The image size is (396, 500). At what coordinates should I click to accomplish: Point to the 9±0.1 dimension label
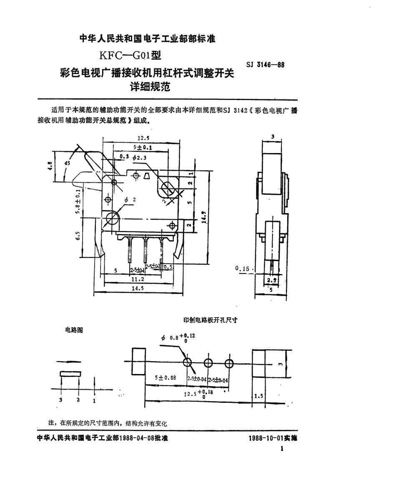click(142, 147)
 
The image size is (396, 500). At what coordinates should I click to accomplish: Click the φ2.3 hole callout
click(137, 157)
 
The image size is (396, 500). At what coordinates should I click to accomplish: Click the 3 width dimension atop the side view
click(272, 136)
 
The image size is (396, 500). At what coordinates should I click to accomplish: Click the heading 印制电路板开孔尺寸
click(211, 320)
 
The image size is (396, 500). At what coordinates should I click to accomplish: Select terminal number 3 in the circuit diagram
click(60, 400)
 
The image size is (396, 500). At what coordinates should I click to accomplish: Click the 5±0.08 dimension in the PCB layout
click(165, 378)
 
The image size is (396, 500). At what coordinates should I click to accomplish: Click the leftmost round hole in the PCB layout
click(187, 363)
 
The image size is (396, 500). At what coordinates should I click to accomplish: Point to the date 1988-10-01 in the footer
click(266, 439)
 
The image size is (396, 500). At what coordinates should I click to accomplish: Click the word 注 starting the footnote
click(52, 422)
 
